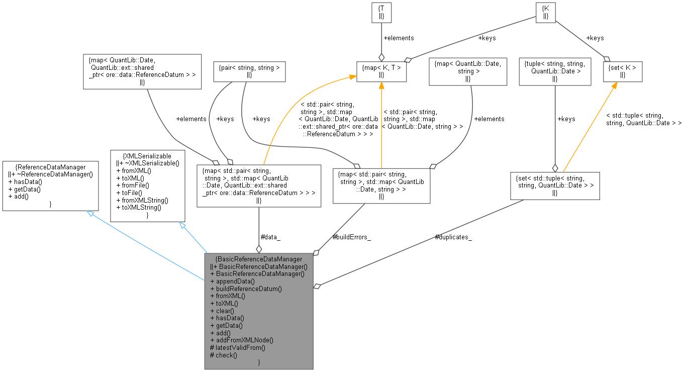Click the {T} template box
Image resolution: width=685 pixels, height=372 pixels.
click(x=381, y=12)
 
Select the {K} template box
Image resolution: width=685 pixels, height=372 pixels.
click(x=545, y=12)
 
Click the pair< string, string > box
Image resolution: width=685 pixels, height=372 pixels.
click(x=250, y=71)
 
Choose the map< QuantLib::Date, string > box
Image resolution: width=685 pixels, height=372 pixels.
click(x=468, y=70)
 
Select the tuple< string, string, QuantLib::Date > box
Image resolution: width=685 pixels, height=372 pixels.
click(x=555, y=70)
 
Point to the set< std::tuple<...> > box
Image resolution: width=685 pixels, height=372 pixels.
click(x=555, y=185)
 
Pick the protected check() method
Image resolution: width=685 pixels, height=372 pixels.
click(x=224, y=355)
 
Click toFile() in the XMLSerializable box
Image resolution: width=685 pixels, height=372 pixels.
click(x=132, y=193)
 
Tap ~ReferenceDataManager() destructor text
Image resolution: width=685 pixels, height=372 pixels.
click(x=51, y=174)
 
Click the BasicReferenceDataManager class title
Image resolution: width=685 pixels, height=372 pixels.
click(x=258, y=259)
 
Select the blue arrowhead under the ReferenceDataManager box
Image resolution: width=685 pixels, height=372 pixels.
click(x=90, y=214)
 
